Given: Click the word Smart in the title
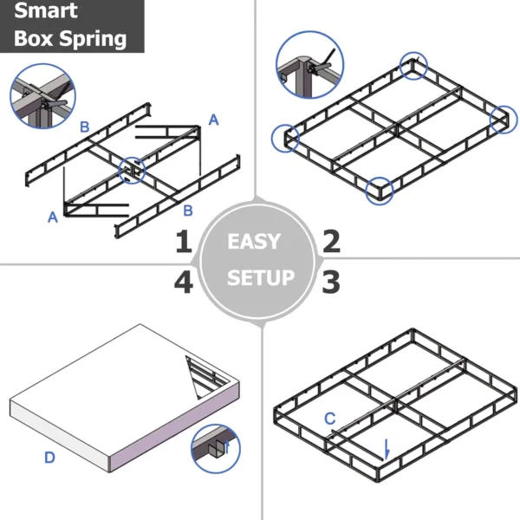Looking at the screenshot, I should point(45,12).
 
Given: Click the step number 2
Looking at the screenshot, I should point(331,241).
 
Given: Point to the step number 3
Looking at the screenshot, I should point(331,281).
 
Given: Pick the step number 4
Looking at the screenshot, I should point(183,282).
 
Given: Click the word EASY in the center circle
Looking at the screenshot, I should point(254,241).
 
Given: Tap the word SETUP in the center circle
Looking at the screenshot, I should point(260,278).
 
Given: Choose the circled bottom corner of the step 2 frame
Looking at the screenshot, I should point(380,191).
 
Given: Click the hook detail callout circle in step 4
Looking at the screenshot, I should point(216,448).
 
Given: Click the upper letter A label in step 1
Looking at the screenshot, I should point(214,120).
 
